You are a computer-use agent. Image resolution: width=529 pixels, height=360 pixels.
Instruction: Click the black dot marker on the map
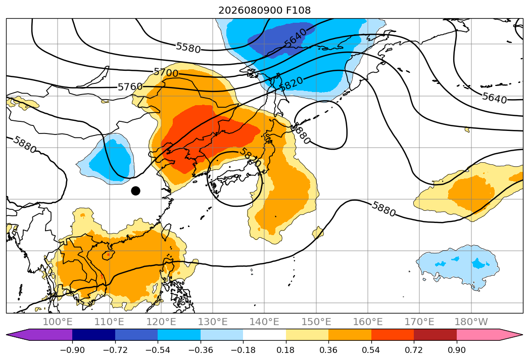pyautogui.click(x=135, y=191)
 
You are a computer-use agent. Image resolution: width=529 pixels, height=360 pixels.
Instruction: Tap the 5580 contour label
pyautogui.click(x=188, y=48)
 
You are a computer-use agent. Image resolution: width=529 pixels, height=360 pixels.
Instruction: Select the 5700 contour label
pyautogui.click(x=166, y=72)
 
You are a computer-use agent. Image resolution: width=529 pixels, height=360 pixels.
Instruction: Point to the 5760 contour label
pyautogui.click(x=130, y=87)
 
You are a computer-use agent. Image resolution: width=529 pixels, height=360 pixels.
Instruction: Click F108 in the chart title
pyautogui.click(x=298, y=11)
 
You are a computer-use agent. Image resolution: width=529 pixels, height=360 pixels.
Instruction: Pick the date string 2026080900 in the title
pyautogui.click(x=250, y=11)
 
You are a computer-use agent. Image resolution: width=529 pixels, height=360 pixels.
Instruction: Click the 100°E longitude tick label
pyautogui.click(x=58, y=322)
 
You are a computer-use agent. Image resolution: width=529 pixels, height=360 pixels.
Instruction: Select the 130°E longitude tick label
pyautogui.click(x=213, y=322)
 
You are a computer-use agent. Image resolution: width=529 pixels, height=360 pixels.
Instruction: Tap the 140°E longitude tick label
pyautogui.click(x=264, y=322)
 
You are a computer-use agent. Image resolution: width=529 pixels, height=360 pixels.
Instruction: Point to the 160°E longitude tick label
pyautogui.click(x=368, y=322)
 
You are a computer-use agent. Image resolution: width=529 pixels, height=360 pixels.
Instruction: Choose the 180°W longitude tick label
pyautogui.click(x=471, y=322)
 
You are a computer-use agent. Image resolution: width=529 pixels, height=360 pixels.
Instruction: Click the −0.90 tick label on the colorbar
pyautogui.click(x=72, y=350)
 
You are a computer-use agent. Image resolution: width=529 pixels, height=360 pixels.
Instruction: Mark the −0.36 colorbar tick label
pyautogui.click(x=201, y=350)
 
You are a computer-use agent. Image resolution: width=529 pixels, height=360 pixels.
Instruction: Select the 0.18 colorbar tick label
pyautogui.click(x=286, y=350)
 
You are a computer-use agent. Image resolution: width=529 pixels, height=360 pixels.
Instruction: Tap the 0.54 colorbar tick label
pyautogui.click(x=371, y=350)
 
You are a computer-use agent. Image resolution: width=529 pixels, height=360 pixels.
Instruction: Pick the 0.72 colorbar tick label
pyautogui.click(x=414, y=350)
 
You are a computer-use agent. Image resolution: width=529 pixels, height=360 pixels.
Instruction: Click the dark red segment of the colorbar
pyautogui.click(x=435, y=335)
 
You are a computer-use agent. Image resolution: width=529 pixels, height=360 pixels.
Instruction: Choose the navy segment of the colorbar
pyautogui.click(x=94, y=335)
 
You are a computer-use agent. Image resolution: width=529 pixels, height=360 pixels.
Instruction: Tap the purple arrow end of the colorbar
pyautogui.click(x=39, y=335)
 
